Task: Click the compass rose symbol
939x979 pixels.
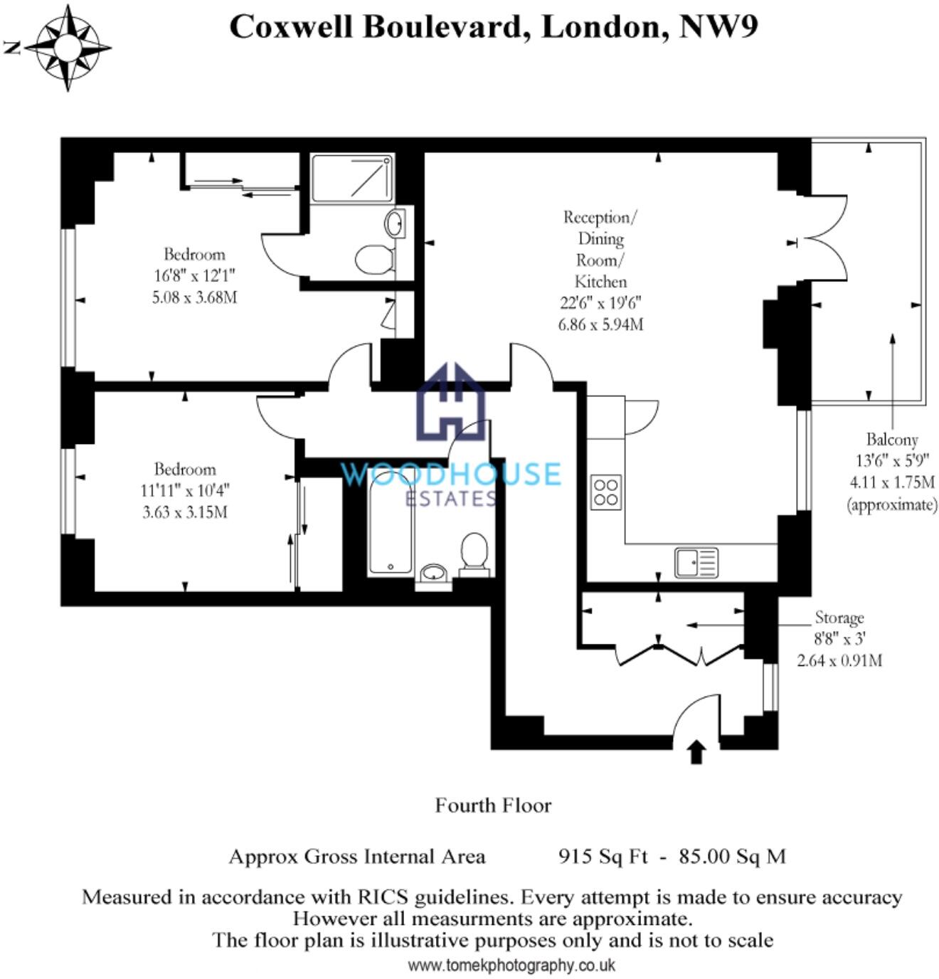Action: click(68, 48)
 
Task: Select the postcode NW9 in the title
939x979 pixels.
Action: click(719, 26)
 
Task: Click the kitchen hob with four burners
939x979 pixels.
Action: click(605, 492)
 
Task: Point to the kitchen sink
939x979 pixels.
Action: click(696, 563)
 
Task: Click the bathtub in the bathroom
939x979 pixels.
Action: click(391, 524)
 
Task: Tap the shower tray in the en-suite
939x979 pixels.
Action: click(352, 179)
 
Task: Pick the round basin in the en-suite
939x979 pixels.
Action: click(394, 223)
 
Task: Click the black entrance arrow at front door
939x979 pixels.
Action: click(696, 751)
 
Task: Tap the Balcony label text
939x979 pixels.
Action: click(891, 439)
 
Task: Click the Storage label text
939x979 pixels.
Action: click(839, 617)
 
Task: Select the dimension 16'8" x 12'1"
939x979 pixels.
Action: click(194, 275)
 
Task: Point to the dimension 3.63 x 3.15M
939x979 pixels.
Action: click(185, 512)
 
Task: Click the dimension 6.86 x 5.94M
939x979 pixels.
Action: click(601, 324)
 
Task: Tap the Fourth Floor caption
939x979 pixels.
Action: click(493, 805)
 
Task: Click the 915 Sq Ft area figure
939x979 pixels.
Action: click(603, 856)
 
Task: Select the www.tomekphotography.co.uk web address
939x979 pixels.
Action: click(511, 965)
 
